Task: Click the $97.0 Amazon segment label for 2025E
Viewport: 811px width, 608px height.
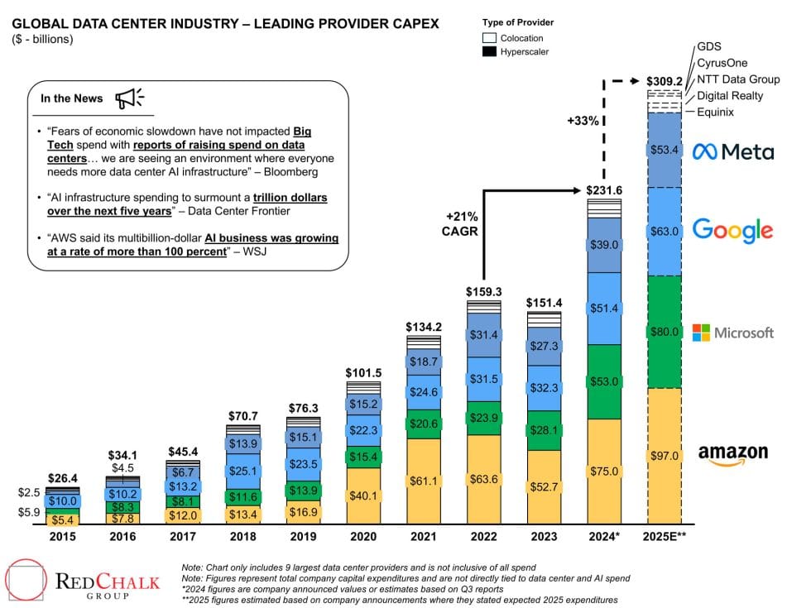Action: point(664,456)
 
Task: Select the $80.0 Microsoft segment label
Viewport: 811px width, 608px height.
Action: point(664,332)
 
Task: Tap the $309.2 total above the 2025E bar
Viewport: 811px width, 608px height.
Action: point(664,82)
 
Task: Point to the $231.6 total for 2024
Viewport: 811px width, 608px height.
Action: point(604,189)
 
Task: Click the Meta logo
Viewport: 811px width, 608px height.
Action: point(733,151)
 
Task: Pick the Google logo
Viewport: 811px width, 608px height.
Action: point(732,230)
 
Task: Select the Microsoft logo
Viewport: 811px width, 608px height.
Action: point(732,333)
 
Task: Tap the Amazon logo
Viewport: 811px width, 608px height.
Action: point(732,455)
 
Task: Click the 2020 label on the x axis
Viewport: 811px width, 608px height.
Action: point(363,537)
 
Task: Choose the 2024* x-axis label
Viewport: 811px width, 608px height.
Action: point(604,537)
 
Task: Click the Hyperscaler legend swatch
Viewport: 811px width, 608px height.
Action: point(489,51)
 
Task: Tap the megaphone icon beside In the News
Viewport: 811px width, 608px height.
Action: point(129,98)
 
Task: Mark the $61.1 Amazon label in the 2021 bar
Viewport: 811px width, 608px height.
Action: point(424,481)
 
